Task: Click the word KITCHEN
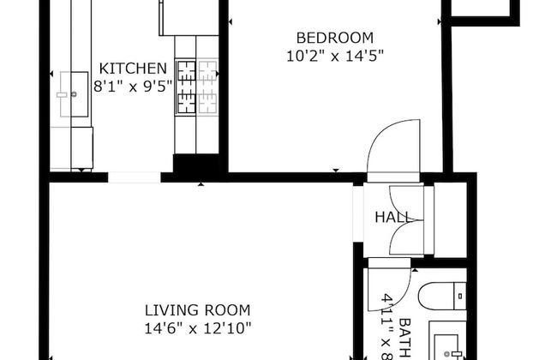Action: [x=132, y=69]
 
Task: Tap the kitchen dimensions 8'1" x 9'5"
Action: [x=132, y=86]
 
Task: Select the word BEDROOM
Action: [x=334, y=38]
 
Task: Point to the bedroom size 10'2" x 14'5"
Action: [x=334, y=56]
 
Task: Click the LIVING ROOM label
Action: [x=197, y=309]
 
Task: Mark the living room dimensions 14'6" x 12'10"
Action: [x=197, y=327]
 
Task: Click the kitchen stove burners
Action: [x=186, y=86]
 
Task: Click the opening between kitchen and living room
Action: [x=135, y=178]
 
